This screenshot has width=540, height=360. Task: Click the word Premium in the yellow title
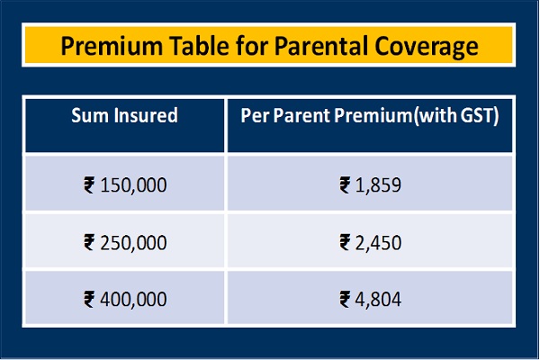tap(112, 46)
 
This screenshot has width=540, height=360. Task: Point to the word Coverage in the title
tap(427, 47)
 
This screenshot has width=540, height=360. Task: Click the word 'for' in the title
tap(251, 46)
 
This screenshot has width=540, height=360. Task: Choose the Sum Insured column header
tap(125, 115)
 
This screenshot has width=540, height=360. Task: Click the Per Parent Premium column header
tap(327, 115)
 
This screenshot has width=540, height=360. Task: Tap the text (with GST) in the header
tap(456, 116)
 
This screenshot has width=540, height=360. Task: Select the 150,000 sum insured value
tap(133, 185)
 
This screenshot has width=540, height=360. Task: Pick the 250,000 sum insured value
tap(133, 242)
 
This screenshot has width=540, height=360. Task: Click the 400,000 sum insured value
tap(133, 299)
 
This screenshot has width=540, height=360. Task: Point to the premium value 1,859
tap(378, 185)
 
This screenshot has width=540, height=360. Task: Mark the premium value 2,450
tap(378, 242)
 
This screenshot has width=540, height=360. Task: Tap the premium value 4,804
tap(378, 299)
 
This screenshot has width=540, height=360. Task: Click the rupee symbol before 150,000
tap(89, 185)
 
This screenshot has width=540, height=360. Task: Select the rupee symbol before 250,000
tap(89, 242)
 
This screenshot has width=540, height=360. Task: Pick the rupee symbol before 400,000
tap(89, 299)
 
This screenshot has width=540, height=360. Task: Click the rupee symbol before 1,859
tap(345, 185)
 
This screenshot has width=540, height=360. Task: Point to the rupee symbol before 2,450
tap(345, 242)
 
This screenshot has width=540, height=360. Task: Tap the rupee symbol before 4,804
tap(345, 299)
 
